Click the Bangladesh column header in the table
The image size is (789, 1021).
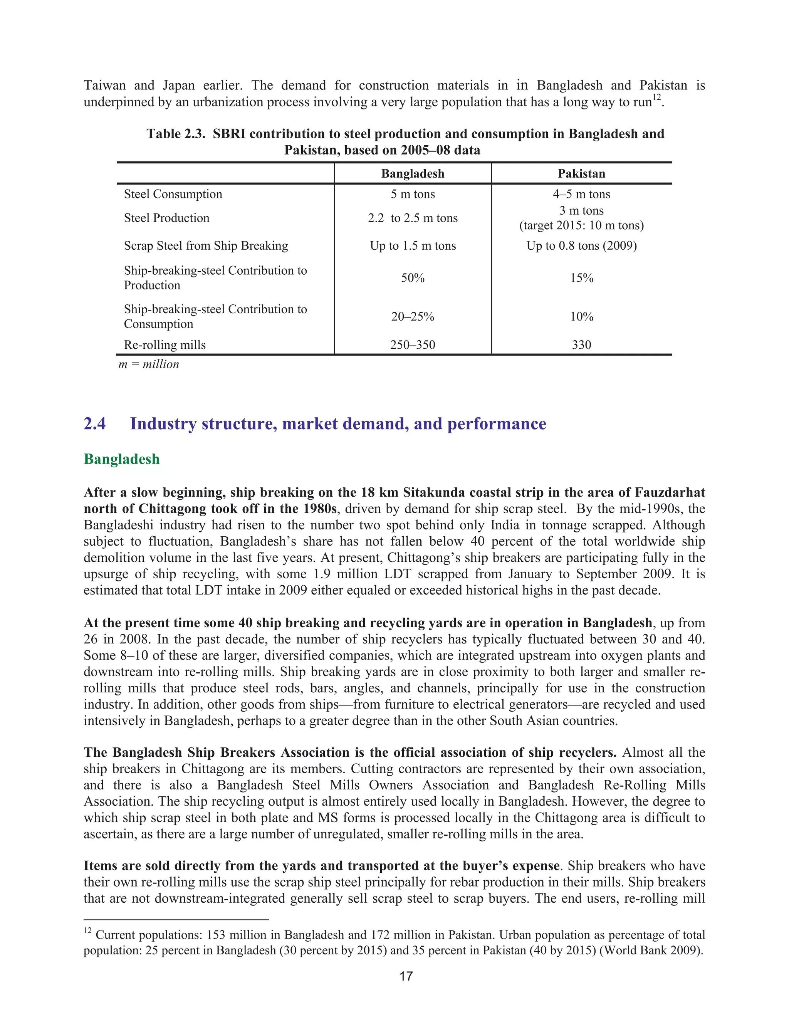pyautogui.click(x=412, y=174)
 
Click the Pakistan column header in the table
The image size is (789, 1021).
pyautogui.click(x=581, y=174)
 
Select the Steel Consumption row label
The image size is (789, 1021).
pyautogui.click(x=173, y=194)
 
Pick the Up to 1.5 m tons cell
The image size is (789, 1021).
pyautogui.click(x=412, y=246)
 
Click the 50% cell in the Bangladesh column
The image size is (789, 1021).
pyautogui.click(x=412, y=278)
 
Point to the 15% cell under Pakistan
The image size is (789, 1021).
pyautogui.click(x=581, y=278)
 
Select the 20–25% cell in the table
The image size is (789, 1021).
pyautogui.click(x=412, y=317)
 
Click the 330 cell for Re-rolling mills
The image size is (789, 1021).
pyautogui.click(x=581, y=345)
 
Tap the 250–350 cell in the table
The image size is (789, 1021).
pyautogui.click(x=412, y=345)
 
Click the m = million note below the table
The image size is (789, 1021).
pyautogui.click(x=149, y=364)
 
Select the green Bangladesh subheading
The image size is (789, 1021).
pyautogui.click(x=121, y=459)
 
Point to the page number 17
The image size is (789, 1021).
pyautogui.click(x=406, y=976)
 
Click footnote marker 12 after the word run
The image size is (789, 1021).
pyautogui.click(x=657, y=97)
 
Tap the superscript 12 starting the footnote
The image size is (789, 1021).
pyautogui.click(x=87, y=931)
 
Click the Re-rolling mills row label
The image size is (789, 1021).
pyautogui.click(x=165, y=345)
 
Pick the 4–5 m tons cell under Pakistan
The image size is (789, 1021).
pyautogui.click(x=581, y=194)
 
